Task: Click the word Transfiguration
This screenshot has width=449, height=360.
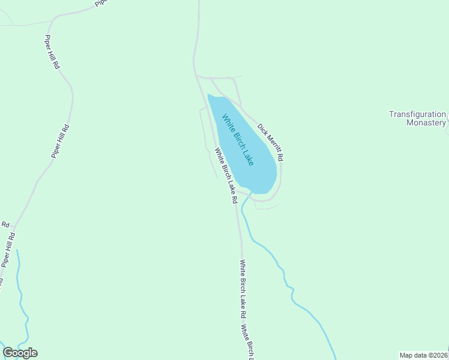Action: click(x=417, y=114)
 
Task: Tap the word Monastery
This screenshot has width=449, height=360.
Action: click(x=426, y=123)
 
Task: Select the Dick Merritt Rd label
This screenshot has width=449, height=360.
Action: click(x=270, y=142)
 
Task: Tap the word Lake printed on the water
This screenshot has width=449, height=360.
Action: click(x=249, y=157)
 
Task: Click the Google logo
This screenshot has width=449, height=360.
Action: click(x=20, y=353)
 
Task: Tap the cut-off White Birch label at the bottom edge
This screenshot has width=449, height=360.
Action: click(x=247, y=342)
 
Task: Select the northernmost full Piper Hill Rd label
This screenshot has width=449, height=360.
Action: click(x=52, y=52)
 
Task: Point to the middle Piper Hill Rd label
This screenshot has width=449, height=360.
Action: click(x=61, y=141)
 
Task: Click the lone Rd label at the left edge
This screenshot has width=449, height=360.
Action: click(x=5, y=224)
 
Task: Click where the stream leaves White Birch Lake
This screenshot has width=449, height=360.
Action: click(x=250, y=194)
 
